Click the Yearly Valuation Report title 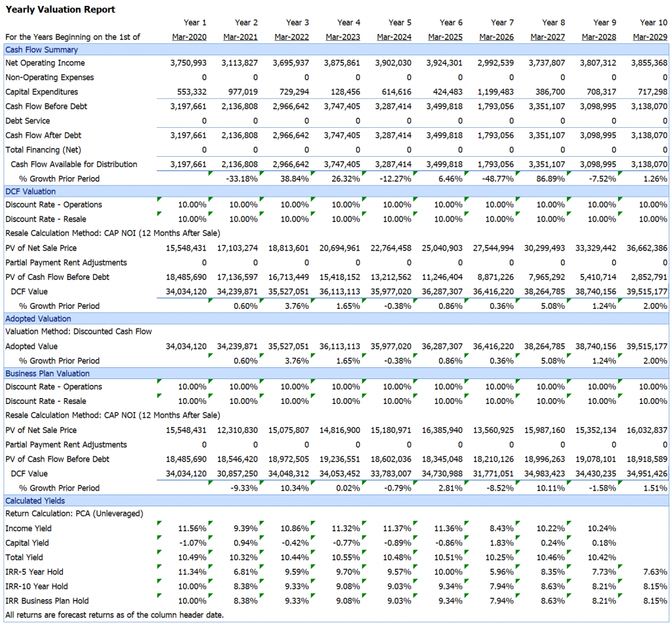pos(60,9)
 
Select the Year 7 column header pos(502,23)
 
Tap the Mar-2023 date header pos(343,37)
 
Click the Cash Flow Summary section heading pos(41,50)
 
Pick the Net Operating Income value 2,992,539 pos(495,63)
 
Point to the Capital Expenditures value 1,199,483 pos(495,92)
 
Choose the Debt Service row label pos(28,121)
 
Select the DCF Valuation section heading pos(30,192)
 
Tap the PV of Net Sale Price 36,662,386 pos(646,248)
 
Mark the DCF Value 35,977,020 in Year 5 pos(391,292)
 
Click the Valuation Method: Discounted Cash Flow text pos(79,332)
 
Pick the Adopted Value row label pos(31,346)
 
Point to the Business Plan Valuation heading pos(47,374)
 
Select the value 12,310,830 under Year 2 pos(238,430)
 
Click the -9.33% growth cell pos(244,488)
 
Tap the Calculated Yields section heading pos(35,501)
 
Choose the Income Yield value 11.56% pos(192,529)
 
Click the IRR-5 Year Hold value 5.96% pos(502,572)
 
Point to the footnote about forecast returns pos(114,615)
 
